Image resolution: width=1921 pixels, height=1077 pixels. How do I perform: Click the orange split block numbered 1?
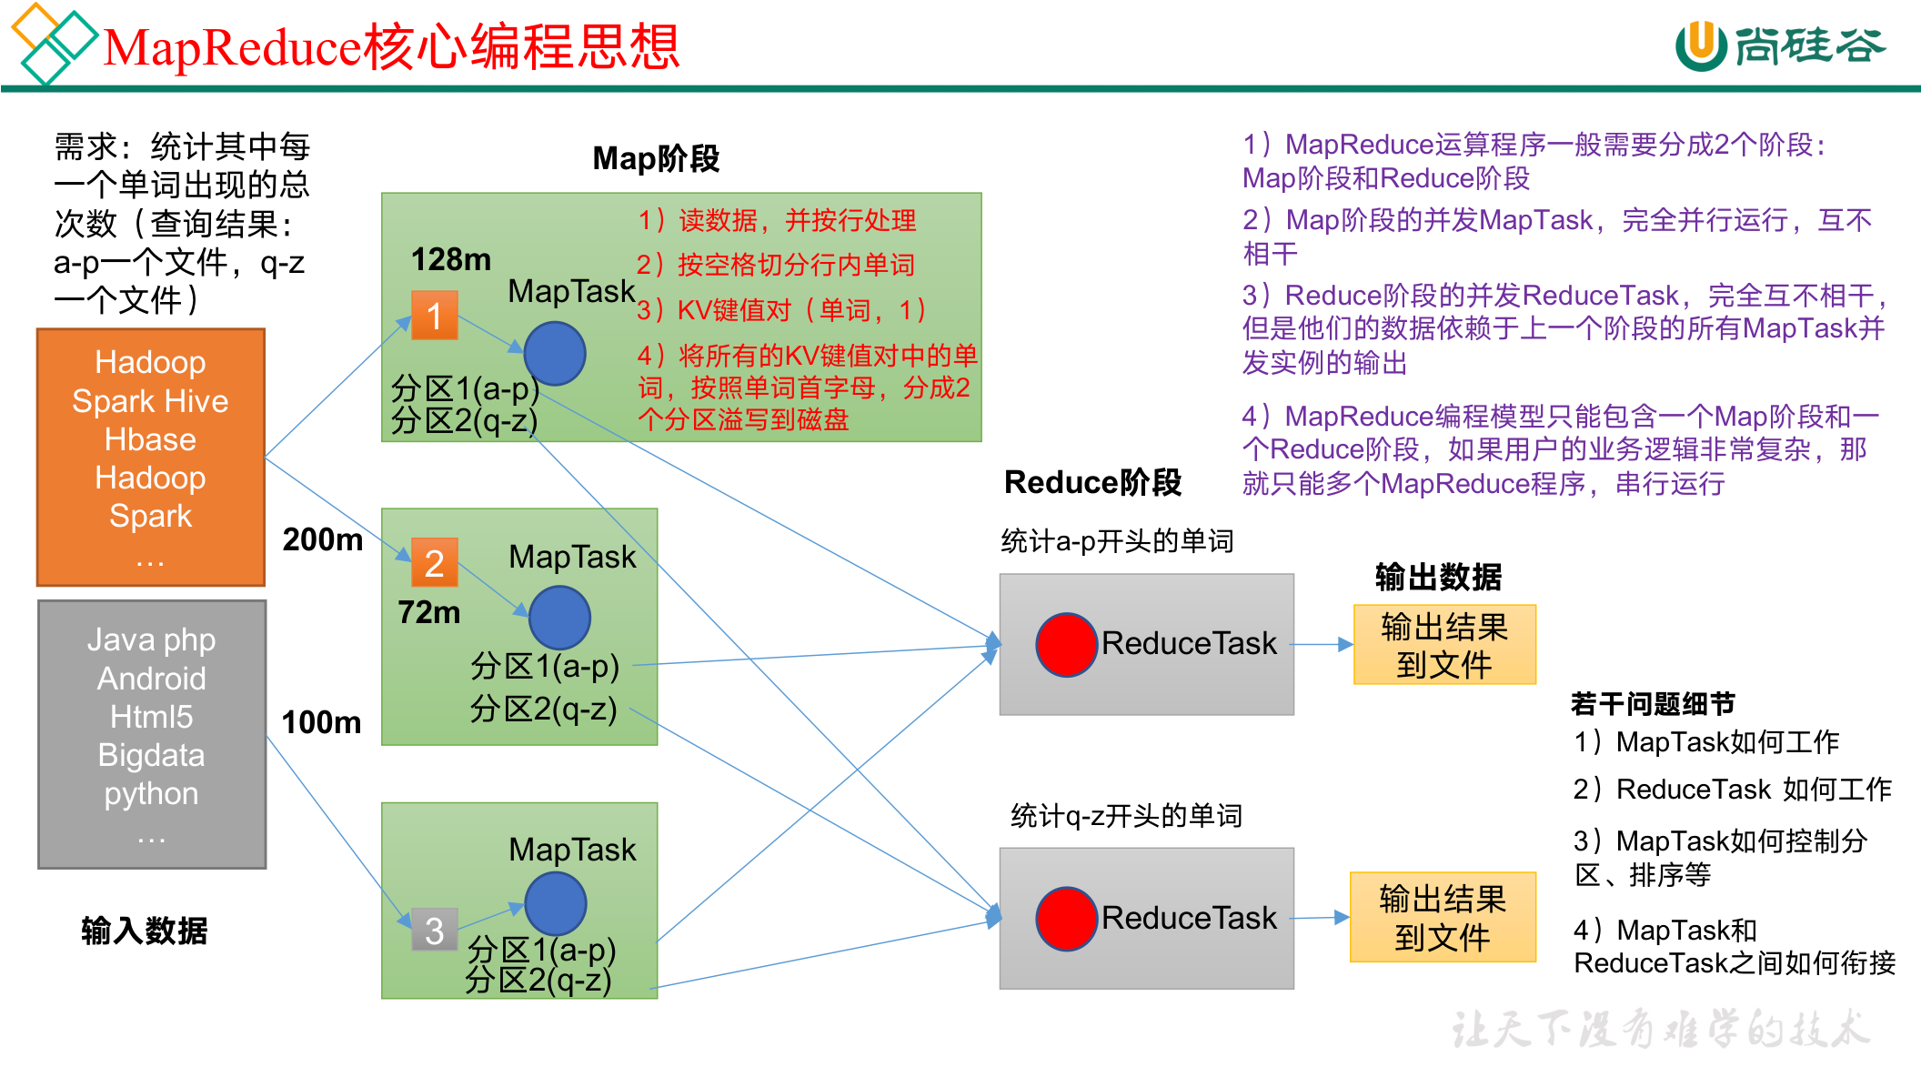434,316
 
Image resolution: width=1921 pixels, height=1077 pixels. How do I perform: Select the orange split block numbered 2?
434,563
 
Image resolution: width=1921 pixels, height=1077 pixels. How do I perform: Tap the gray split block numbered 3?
434,930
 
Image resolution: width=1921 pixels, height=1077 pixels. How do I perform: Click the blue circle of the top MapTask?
555,354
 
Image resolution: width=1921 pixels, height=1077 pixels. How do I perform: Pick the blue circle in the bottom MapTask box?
555,903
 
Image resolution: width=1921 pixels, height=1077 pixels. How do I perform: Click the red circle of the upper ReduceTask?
1066,645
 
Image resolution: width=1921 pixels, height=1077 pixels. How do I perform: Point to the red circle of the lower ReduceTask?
1066,919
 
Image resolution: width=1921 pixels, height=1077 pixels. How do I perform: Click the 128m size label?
450,260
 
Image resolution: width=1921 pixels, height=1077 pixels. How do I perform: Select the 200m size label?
322,539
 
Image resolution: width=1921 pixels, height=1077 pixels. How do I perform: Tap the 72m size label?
428,612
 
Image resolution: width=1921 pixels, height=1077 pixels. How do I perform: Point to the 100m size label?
321,722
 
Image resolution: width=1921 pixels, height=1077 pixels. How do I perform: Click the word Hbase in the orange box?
150,439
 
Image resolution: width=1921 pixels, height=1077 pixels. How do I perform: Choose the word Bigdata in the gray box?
151,755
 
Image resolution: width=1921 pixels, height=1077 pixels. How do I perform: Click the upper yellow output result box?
1444,645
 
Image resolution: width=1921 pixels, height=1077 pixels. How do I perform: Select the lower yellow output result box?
1443,917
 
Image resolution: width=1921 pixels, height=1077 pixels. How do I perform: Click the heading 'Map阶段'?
656,158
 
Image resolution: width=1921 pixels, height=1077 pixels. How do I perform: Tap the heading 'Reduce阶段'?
1092,482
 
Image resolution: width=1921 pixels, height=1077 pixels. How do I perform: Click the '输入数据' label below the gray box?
144,931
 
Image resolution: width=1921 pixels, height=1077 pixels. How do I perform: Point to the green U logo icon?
1700,45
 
